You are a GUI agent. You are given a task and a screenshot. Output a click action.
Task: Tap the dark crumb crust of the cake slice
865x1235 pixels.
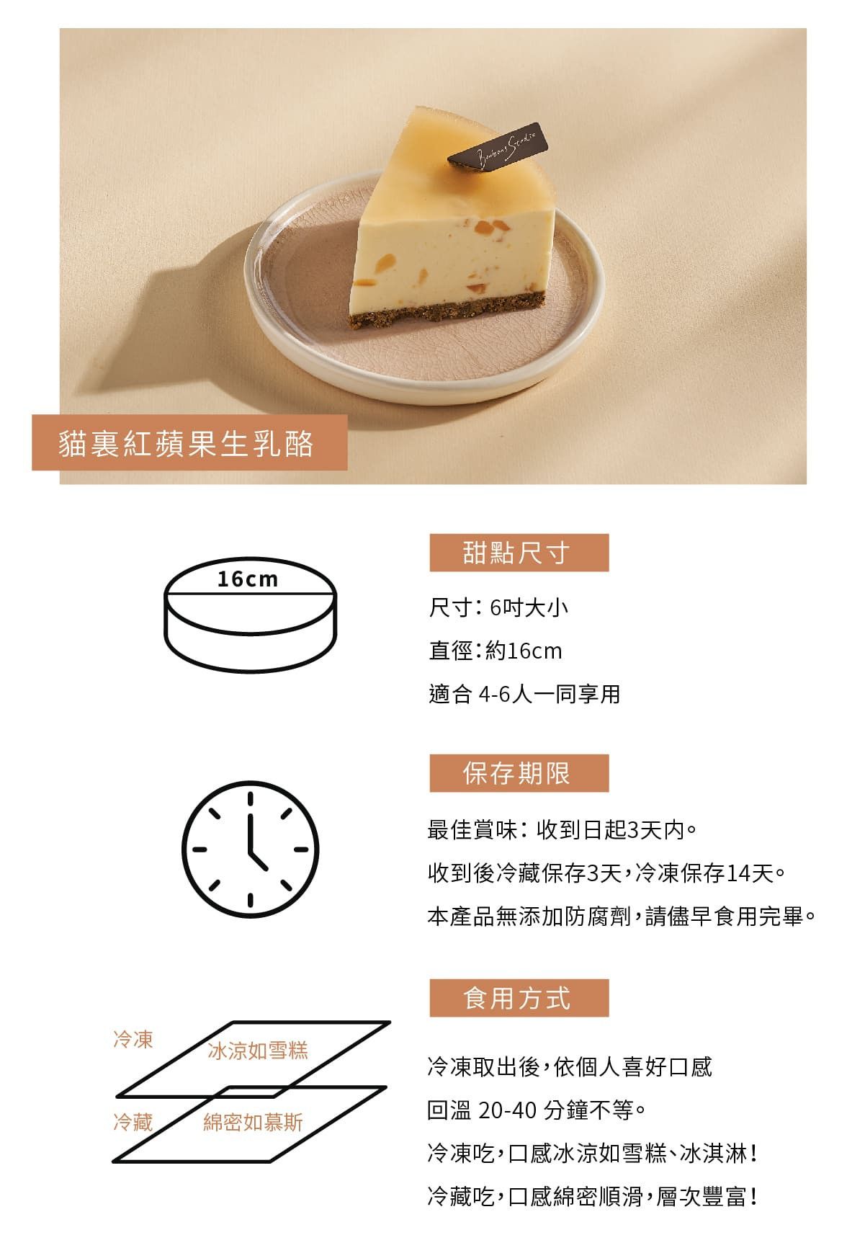coord(447,311)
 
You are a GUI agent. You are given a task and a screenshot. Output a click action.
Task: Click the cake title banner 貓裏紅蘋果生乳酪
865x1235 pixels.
coord(189,442)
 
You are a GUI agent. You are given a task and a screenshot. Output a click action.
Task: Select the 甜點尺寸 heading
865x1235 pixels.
coord(519,553)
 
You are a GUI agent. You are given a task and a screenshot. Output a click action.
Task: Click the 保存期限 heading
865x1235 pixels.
coord(519,773)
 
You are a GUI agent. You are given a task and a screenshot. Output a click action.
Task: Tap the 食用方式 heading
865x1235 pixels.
coord(519,998)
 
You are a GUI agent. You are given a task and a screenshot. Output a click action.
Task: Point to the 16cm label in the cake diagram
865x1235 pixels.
coord(248,579)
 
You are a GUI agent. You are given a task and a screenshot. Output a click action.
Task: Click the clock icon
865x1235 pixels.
coord(251,849)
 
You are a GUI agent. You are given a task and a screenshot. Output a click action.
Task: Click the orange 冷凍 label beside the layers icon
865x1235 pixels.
coord(133,1039)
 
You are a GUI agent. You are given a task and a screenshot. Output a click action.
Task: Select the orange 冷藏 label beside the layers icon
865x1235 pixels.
coord(133,1122)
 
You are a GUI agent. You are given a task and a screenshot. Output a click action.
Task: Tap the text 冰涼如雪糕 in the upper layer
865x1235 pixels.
coord(258,1051)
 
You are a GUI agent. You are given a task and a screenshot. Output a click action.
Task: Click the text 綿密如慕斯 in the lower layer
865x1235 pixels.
coord(254,1122)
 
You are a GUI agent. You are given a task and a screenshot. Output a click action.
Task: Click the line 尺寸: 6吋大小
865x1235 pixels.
coord(498,607)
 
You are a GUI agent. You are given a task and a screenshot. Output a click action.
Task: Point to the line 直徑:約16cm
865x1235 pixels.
coord(496,651)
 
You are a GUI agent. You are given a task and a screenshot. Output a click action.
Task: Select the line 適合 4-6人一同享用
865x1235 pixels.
coord(524,694)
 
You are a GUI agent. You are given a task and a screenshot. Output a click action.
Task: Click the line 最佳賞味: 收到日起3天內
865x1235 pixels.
coord(563,830)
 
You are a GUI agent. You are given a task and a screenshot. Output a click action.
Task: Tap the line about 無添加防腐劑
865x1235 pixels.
coord(622,917)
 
